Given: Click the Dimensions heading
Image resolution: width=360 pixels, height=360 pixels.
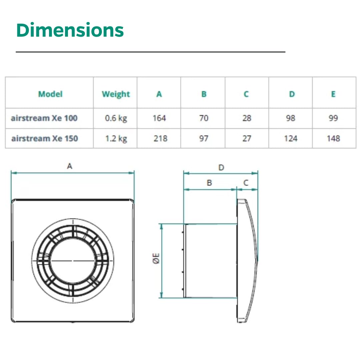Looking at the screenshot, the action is point(70,30).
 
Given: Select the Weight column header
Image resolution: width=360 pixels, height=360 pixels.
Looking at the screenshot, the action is point(116,94).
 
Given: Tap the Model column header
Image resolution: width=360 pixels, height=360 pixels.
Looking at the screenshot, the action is point(50,94).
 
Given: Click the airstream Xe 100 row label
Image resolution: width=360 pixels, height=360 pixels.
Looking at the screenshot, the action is point(44,118).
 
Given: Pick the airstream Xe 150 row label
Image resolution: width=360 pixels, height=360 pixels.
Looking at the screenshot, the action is point(45,138).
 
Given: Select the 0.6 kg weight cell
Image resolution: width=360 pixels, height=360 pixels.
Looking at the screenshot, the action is point(116,118).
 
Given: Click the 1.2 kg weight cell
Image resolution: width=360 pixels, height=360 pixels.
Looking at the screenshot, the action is point(116,139).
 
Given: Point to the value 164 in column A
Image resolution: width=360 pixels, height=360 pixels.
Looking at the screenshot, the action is point(159,118).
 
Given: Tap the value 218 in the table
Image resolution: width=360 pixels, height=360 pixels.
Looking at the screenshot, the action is point(160,138).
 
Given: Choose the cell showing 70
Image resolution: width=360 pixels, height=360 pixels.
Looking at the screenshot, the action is point(204,118).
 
